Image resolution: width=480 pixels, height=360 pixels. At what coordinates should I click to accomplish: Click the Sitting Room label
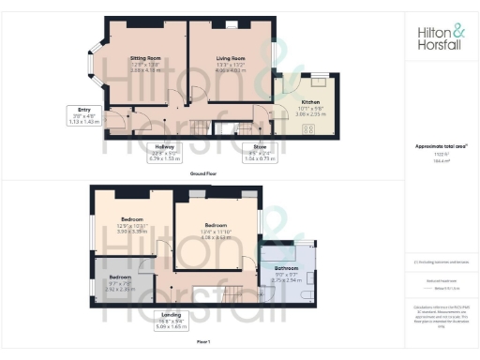click(146, 63)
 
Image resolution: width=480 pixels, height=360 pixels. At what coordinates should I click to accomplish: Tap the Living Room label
click(231, 63)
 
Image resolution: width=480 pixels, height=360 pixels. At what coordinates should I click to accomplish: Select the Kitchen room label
click(310, 106)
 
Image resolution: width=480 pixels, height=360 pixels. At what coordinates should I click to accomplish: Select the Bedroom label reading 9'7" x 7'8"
click(120, 282)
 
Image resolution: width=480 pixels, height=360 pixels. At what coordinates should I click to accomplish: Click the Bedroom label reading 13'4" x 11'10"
click(217, 230)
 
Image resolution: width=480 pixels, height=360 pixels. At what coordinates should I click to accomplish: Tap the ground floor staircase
click(200, 127)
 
